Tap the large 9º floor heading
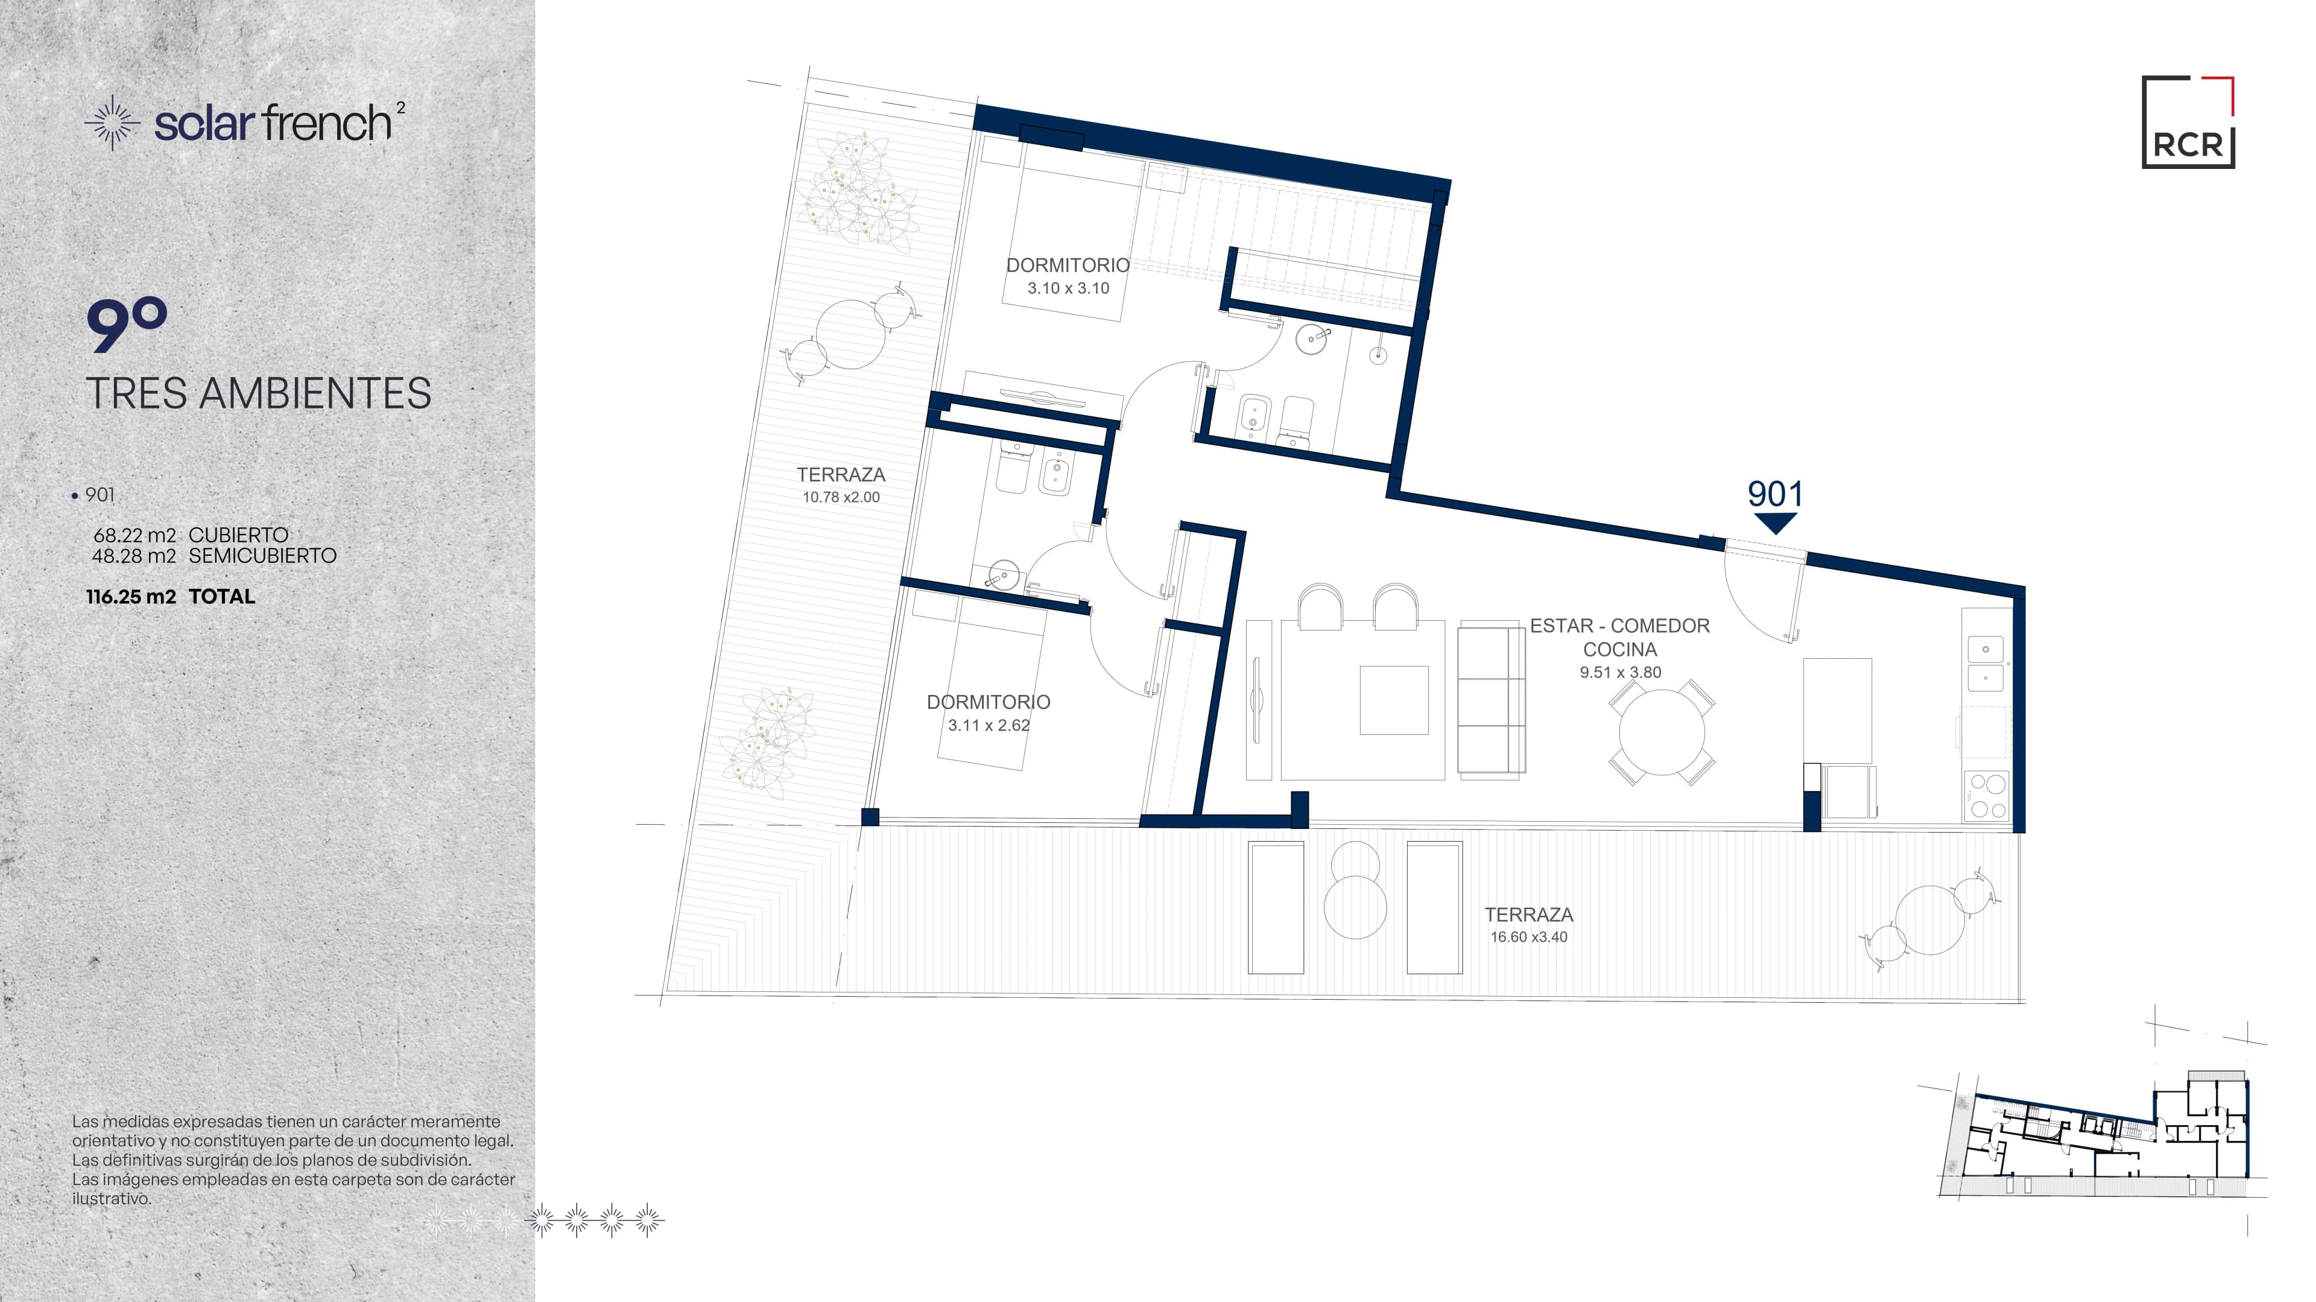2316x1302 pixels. click(127, 326)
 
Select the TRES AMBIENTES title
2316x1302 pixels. click(259, 393)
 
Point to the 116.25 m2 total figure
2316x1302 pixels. click(131, 596)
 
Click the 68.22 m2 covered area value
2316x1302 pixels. click(135, 535)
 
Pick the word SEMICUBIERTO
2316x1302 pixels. click(262, 556)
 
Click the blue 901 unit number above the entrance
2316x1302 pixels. click(1775, 494)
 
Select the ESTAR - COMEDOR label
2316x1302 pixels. click(1619, 626)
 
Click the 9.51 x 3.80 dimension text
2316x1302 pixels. click(1620, 672)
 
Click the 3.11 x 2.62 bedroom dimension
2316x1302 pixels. click(989, 725)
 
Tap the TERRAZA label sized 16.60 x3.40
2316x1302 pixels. click(1528, 915)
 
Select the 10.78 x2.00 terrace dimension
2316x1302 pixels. click(841, 497)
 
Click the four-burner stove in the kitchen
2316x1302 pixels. click(1987, 796)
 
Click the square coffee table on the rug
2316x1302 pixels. click(1394, 699)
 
